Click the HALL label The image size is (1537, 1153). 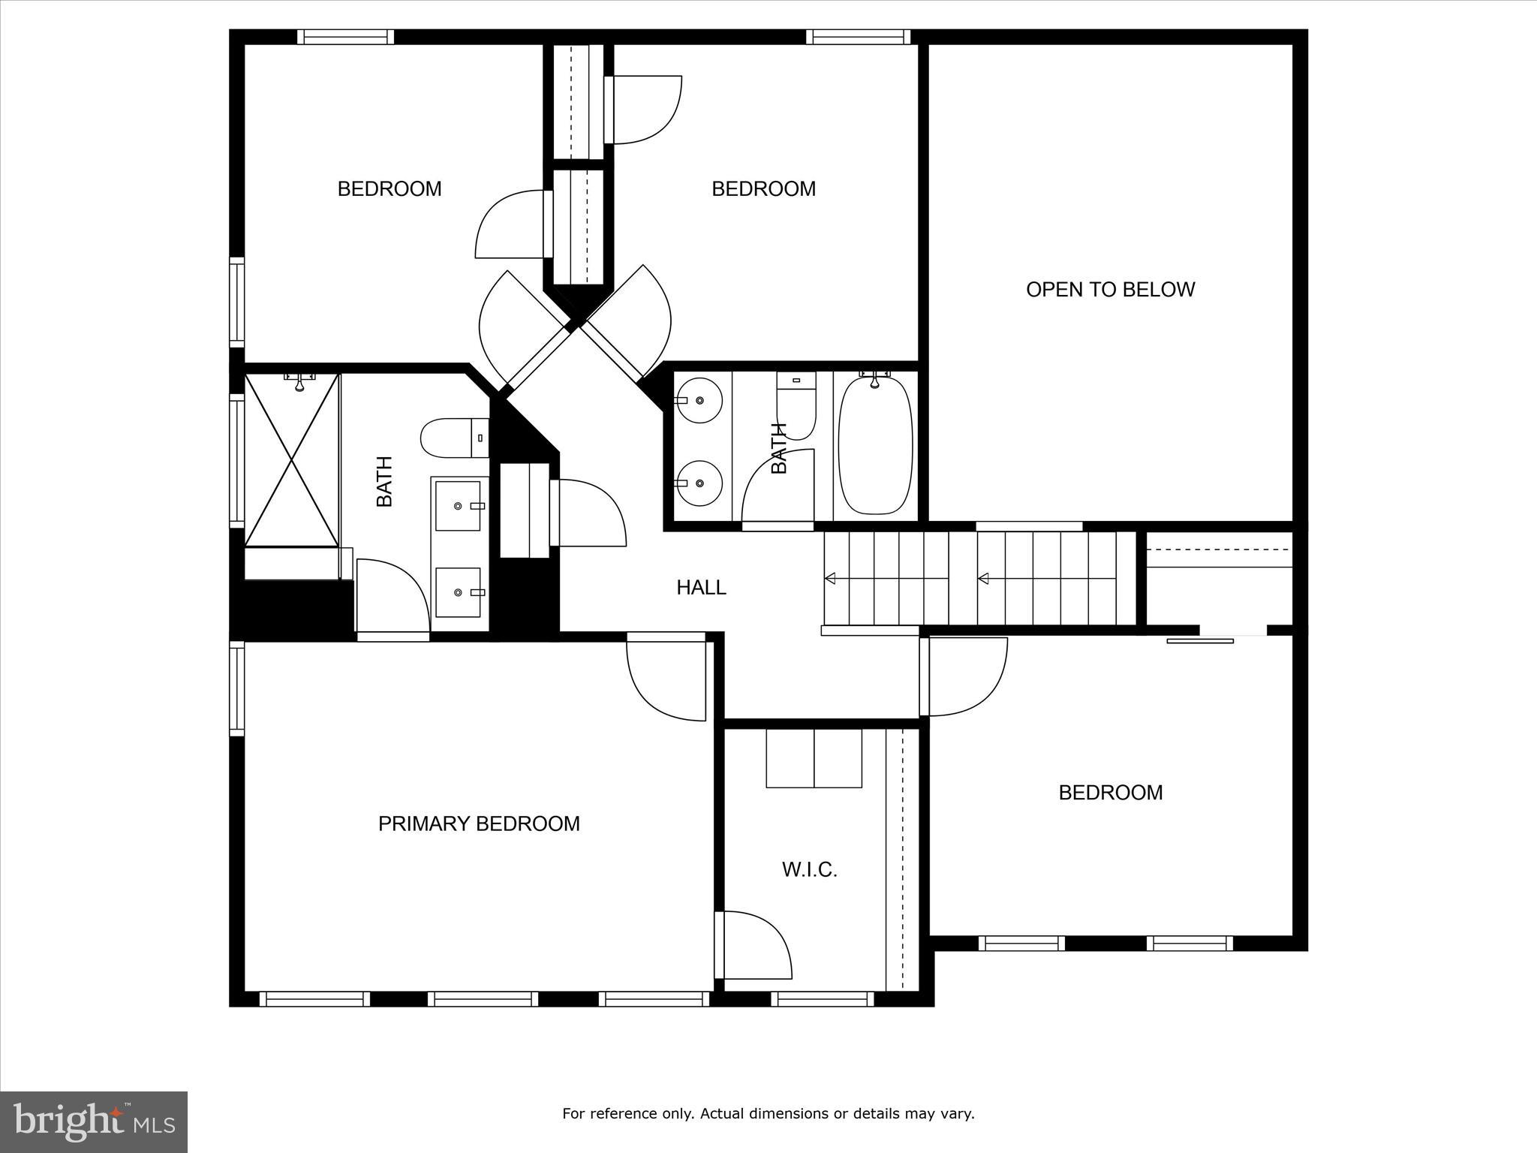click(x=701, y=587)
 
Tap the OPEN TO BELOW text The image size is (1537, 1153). click(x=1110, y=290)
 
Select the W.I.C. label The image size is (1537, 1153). click(x=809, y=869)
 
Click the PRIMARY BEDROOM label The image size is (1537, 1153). click(x=479, y=823)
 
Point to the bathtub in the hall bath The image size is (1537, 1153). click(x=875, y=446)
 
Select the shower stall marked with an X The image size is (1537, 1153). click(x=292, y=459)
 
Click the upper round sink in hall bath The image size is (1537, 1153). click(x=699, y=400)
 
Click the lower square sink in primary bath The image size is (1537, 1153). click(x=458, y=592)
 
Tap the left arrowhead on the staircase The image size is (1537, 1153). click(x=830, y=578)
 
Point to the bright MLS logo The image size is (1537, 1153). click(x=94, y=1121)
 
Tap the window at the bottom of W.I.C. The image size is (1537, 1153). click(x=822, y=998)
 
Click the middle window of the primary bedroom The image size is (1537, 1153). click(x=483, y=998)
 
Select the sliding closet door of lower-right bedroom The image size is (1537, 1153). click(x=1200, y=640)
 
